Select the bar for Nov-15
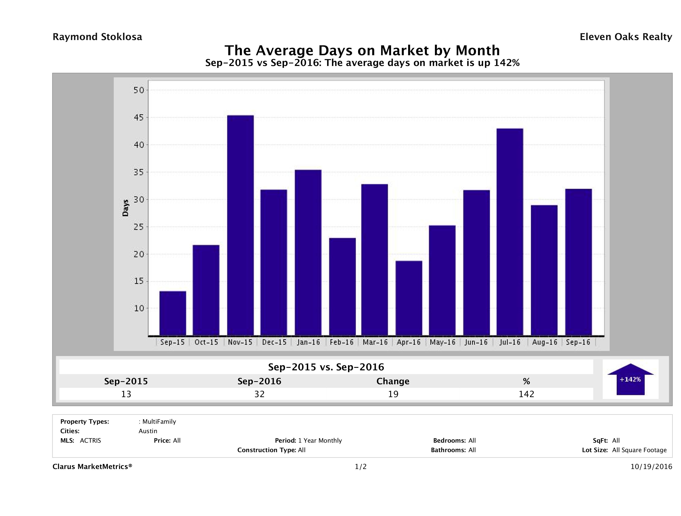[x=240, y=225]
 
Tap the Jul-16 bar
[x=510, y=232]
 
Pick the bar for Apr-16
[x=409, y=298]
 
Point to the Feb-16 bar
[x=342, y=287]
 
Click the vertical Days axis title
[x=125, y=208]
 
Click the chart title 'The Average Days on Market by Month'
[x=362, y=50]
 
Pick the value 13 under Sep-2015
[x=126, y=394]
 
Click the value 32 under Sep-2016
[x=260, y=394]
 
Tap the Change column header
[x=393, y=381]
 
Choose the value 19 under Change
[x=393, y=394]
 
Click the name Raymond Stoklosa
[x=97, y=37]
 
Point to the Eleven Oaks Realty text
[x=625, y=37]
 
